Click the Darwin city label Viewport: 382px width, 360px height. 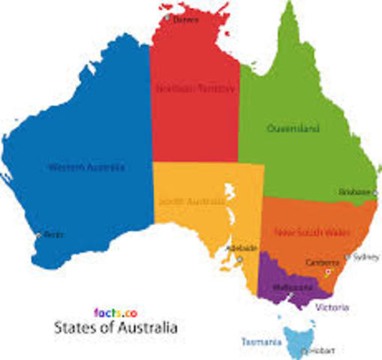tap(186, 20)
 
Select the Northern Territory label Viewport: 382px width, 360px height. tap(194, 88)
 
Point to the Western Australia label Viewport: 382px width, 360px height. tap(86, 166)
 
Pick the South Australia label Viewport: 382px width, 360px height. tap(191, 200)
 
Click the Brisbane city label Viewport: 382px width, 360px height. tap(353, 192)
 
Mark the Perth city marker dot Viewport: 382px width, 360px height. tap(39, 235)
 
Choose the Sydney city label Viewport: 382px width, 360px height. tap(366, 256)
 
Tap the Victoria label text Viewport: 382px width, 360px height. tap(332, 307)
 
